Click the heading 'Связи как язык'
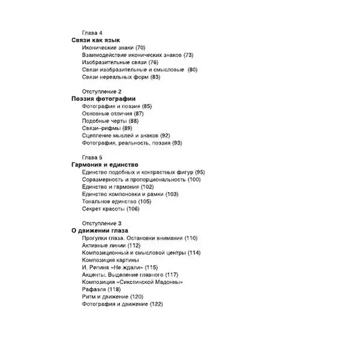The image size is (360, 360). pos(96,40)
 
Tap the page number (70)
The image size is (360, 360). pos(140,47)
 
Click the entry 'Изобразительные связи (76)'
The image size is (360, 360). pos(120,62)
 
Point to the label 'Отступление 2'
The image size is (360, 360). pos(101,91)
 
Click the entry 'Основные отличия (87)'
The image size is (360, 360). pos(113,113)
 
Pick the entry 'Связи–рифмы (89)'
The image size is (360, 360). pos(107,128)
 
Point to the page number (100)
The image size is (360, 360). pos(194,179)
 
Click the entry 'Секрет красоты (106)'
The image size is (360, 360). pos(110,209)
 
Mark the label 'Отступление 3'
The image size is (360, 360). pos(101,223)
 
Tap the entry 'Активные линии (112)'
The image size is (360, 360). pos(111,245)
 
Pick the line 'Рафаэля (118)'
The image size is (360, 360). pos(101,289)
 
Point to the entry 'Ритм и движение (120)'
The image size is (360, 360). pos(113,297)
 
